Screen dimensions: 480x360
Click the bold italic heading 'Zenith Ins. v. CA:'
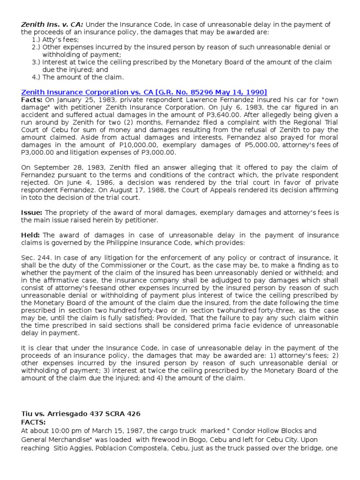[x=52, y=24]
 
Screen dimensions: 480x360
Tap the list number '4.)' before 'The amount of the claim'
[x=36, y=77]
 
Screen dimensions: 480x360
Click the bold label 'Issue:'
[x=32, y=213]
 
